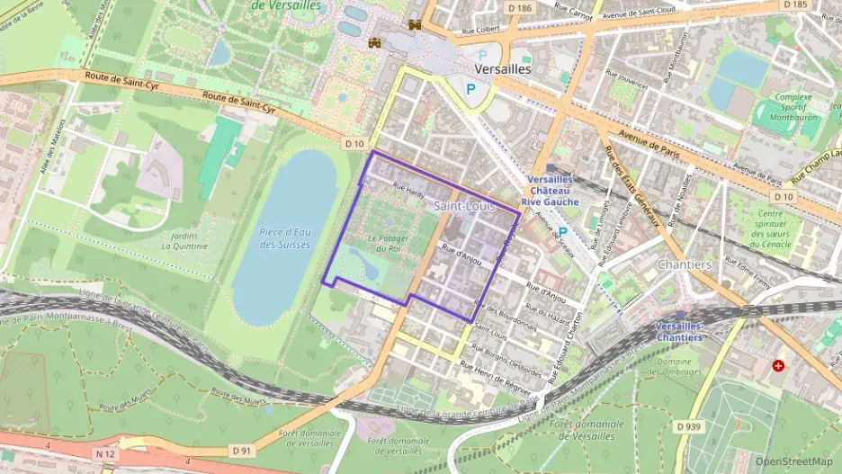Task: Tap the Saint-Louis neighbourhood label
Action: [464, 206]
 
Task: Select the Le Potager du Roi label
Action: [389, 243]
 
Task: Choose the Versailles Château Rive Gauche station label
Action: [552, 191]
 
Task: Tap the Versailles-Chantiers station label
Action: [679, 330]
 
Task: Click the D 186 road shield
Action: [520, 7]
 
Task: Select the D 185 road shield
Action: [795, 4]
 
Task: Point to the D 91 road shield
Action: [239, 450]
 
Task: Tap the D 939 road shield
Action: [688, 425]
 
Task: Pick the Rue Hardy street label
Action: [408, 189]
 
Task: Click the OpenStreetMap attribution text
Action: [793, 461]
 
